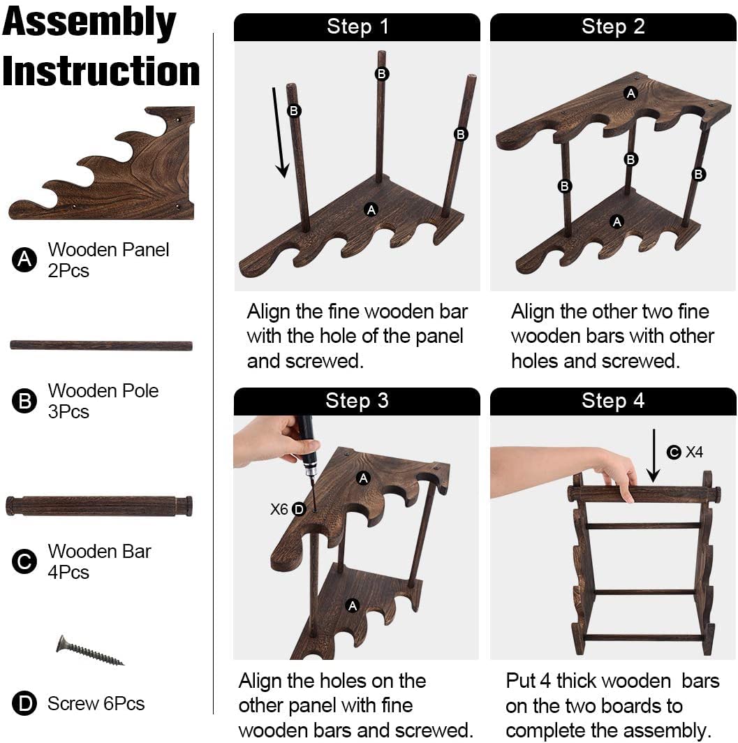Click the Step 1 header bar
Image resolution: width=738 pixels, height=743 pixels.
[357, 27]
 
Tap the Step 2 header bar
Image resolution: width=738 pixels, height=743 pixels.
[613, 27]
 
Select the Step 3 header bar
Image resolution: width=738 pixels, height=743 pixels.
[357, 402]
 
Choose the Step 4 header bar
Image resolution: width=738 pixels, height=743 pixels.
[613, 402]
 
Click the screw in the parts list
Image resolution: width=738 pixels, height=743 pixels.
[90, 651]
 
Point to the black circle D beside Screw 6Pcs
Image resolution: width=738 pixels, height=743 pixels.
[24, 704]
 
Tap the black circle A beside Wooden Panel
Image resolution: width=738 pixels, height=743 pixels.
[24, 260]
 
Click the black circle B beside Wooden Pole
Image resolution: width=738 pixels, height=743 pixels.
[24, 401]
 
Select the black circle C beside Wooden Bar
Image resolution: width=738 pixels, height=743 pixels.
[24, 561]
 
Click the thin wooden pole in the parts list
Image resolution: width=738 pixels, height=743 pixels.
[101, 346]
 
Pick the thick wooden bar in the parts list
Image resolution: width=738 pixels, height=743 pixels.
[99, 506]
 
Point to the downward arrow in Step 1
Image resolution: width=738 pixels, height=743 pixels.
[279, 132]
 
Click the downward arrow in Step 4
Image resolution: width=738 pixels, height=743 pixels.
[654, 455]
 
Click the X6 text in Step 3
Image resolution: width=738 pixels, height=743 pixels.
[279, 509]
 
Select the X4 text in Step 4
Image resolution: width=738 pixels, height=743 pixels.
[695, 452]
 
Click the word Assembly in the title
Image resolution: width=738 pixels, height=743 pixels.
[89, 22]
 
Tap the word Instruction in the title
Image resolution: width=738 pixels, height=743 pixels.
[101, 71]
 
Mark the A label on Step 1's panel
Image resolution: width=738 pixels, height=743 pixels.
[371, 209]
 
